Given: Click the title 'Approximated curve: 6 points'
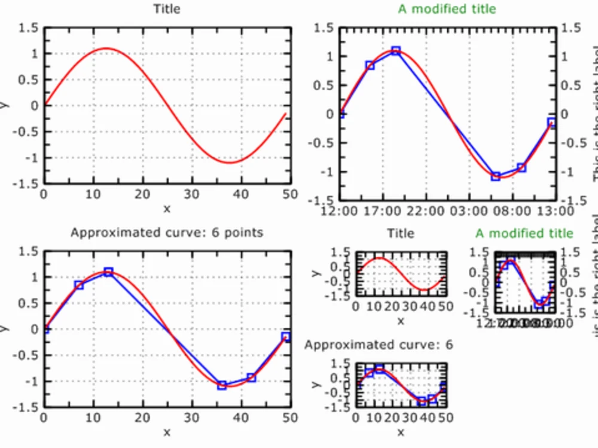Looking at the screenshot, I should (167, 232).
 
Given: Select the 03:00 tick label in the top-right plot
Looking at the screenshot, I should (468, 211).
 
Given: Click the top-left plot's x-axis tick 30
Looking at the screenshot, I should (192, 194).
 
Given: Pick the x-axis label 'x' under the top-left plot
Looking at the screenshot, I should (167, 208).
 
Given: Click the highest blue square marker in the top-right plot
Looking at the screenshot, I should (396, 51).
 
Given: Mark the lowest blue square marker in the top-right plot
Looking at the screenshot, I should (496, 176).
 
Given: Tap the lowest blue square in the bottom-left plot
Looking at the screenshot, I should (222, 385).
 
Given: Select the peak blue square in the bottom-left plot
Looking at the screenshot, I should (108, 272).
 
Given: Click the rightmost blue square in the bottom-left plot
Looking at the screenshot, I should (286, 337).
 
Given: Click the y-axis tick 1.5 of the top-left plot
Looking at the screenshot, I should (28, 28).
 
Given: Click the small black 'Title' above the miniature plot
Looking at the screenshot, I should (400, 233).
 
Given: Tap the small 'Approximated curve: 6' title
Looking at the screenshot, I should (379, 345).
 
